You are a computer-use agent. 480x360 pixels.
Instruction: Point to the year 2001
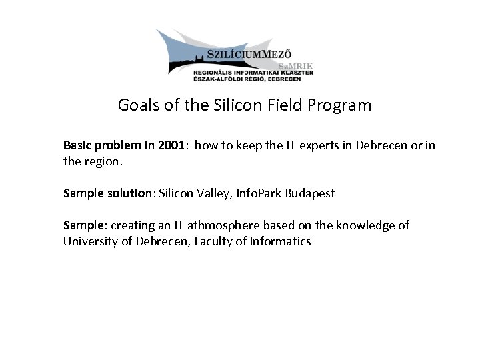[x=171, y=145]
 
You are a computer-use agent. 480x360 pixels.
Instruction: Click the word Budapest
[x=310, y=193]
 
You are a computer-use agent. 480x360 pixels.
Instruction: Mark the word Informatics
[x=279, y=241]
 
